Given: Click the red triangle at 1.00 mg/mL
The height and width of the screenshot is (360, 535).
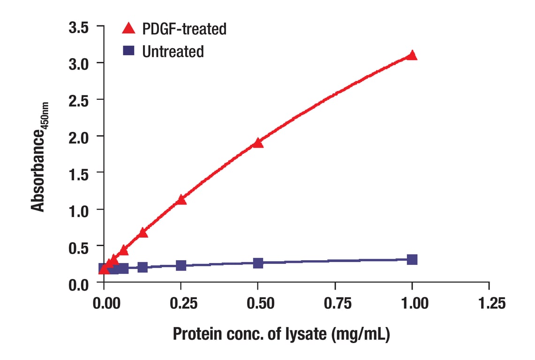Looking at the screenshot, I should [x=412, y=55].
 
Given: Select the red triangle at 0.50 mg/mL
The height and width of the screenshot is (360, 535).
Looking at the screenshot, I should [x=258, y=143].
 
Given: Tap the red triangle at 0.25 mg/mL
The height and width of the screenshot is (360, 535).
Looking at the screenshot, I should [x=181, y=200].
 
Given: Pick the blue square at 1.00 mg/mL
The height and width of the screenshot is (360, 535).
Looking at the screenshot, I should [x=412, y=259].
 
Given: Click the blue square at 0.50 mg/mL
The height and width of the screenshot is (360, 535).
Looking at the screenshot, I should [x=258, y=263].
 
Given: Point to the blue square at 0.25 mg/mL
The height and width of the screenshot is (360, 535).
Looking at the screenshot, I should [x=181, y=265].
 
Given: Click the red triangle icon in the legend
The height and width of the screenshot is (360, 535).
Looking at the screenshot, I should [x=128, y=29].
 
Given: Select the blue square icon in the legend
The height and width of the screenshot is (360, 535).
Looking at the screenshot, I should [x=128, y=51].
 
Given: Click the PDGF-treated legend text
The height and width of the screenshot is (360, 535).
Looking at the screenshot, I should [x=184, y=29].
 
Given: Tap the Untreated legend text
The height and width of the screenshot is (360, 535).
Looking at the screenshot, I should [x=173, y=51].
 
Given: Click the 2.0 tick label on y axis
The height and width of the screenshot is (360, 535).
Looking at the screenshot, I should [x=78, y=136].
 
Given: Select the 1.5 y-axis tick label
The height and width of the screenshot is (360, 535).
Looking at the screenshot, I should [x=78, y=173].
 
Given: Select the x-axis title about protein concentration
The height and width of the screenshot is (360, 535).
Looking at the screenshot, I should [x=281, y=334].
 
